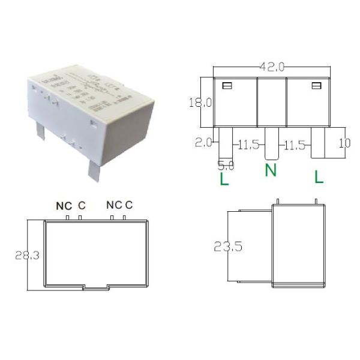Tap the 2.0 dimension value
click(x=204, y=143)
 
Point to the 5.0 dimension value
click(x=226, y=164)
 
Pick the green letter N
click(x=271, y=171)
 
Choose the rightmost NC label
click(x=114, y=205)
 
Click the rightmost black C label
click(x=128, y=205)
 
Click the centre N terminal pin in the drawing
click(x=271, y=143)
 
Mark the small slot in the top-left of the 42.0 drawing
click(x=227, y=86)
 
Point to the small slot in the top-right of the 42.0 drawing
click(x=316, y=86)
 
